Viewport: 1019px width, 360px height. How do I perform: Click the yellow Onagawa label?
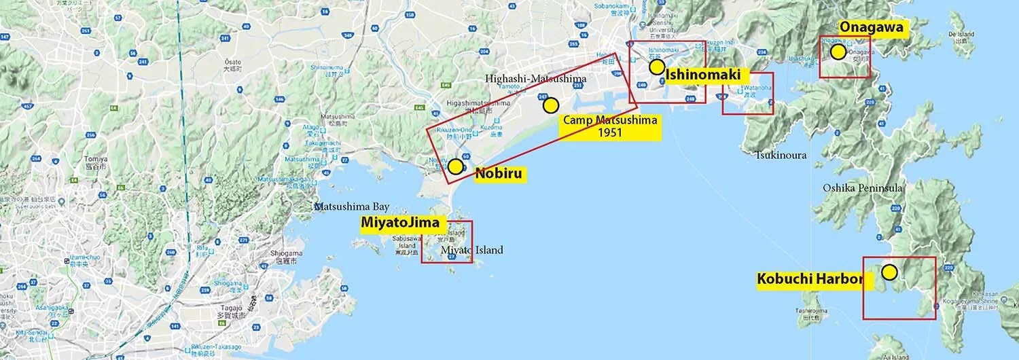872,27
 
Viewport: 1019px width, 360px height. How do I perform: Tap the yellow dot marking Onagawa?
838,52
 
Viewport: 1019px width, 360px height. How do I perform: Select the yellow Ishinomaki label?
702,75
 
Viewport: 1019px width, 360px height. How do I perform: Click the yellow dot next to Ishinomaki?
656,67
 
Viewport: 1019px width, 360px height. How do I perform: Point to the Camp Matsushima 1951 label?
609,127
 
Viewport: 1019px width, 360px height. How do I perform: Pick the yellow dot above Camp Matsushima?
550,105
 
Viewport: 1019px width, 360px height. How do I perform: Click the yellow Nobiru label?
499,173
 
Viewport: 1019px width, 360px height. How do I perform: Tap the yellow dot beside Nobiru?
455,166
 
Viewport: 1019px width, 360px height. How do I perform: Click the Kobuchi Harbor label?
810,278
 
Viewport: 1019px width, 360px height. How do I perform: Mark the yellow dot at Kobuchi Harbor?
889,272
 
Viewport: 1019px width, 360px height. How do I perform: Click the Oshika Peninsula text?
862,187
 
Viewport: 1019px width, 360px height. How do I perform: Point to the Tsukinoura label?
781,156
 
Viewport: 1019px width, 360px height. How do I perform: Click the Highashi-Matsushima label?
535,79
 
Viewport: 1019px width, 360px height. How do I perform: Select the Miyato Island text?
472,250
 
